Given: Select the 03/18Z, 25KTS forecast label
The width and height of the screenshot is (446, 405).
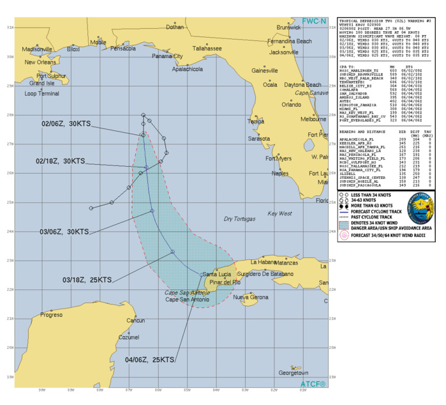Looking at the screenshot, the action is [x=87, y=279].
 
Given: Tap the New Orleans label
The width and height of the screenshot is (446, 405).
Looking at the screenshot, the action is [x=41, y=63].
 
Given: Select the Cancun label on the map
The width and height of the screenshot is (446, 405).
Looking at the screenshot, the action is [x=135, y=320].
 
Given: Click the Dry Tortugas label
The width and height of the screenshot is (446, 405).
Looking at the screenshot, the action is [x=240, y=219].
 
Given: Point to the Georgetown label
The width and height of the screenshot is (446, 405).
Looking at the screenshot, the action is [x=294, y=373].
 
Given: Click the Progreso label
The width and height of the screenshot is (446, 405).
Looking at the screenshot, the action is [x=52, y=315].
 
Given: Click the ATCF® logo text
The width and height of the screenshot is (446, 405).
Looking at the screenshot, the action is [x=312, y=383].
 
